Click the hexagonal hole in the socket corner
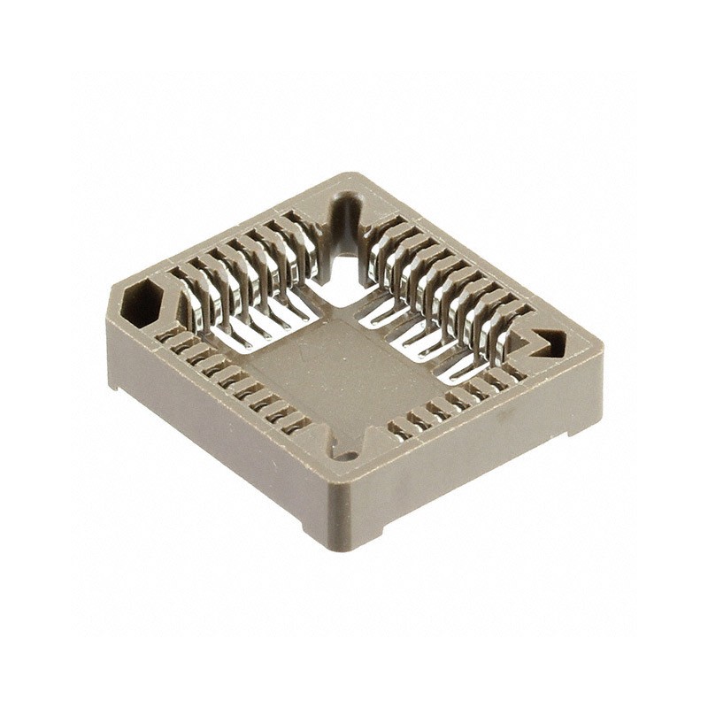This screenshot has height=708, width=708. [x=140, y=304]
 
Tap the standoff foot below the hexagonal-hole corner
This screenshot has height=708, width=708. [x=116, y=381]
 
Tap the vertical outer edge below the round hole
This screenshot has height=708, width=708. [x=343, y=504]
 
